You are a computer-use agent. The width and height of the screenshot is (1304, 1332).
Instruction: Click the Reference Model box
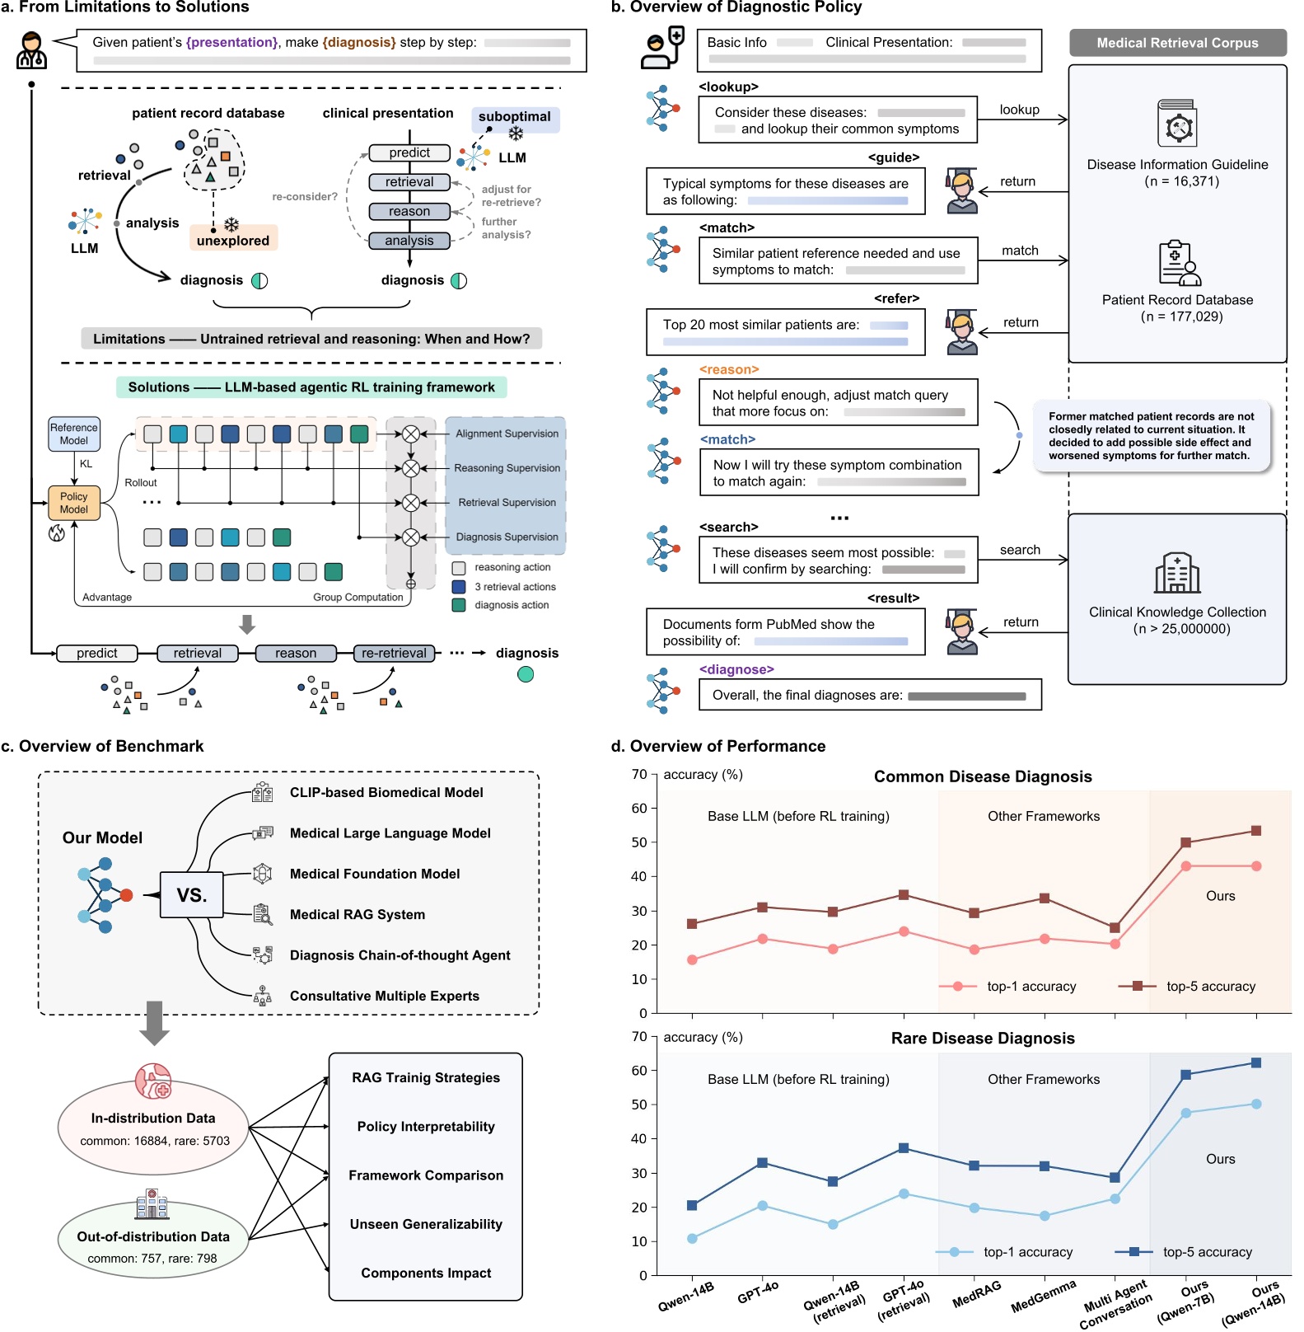click(74, 434)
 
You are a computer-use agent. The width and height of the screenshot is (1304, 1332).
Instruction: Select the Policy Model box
click(73, 503)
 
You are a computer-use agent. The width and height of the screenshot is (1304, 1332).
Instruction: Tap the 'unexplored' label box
click(233, 240)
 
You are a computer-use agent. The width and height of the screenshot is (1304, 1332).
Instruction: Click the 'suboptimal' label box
click(515, 117)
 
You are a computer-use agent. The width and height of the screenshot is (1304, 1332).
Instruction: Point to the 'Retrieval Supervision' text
click(507, 502)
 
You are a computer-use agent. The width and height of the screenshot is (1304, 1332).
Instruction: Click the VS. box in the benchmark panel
click(191, 894)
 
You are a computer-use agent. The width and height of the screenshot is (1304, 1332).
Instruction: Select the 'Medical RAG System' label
click(358, 914)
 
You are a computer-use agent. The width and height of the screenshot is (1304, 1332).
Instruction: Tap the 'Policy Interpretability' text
click(426, 1126)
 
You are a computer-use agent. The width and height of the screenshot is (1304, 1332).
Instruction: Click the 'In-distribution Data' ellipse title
click(153, 1118)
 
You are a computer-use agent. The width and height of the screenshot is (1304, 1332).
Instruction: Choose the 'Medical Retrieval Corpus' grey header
click(1177, 43)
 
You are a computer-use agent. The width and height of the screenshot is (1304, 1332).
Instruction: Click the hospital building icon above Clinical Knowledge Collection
click(1177, 573)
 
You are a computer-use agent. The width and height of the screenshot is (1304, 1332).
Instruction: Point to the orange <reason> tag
click(729, 369)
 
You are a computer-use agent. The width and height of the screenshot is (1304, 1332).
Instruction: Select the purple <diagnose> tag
click(736, 669)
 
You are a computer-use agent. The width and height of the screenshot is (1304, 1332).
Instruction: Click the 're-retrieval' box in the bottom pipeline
click(394, 653)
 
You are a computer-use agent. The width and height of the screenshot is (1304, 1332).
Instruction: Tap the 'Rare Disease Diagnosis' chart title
click(983, 1038)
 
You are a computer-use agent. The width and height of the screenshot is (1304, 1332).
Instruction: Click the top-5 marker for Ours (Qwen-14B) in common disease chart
click(1256, 831)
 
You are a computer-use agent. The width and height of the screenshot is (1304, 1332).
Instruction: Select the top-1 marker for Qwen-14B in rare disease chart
click(692, 1238)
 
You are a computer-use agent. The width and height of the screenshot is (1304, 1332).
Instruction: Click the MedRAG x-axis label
click(976, 1294)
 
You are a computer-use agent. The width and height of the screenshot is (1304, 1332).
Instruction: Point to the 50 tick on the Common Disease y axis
click(639, 842)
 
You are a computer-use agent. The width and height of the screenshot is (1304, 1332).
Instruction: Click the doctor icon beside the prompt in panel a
click(32, 50)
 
